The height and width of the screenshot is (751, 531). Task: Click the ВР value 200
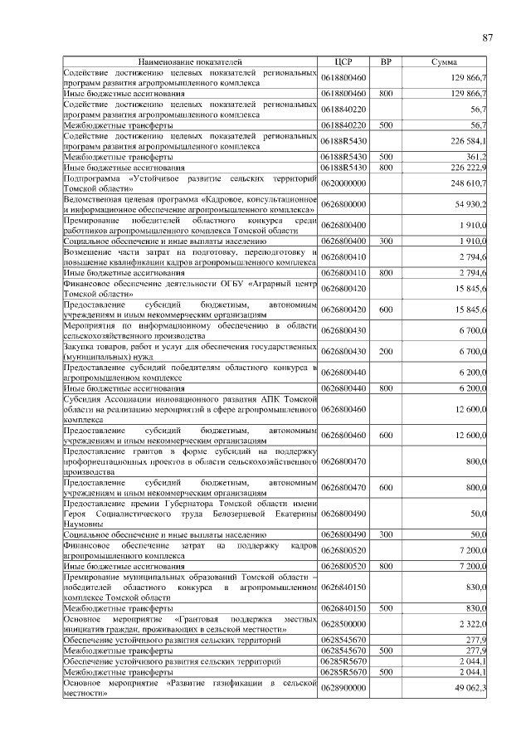click(385, 352)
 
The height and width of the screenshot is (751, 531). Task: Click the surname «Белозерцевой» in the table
click(241, 514)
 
